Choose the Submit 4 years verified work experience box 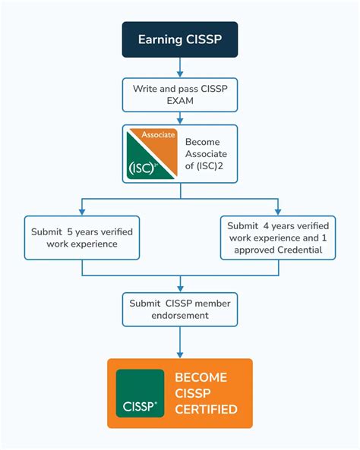(279, 238)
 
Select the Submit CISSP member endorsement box (180, 310)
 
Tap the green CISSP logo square (140, 393)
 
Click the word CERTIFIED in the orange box (206, 410)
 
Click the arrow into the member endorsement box (180, 285)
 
